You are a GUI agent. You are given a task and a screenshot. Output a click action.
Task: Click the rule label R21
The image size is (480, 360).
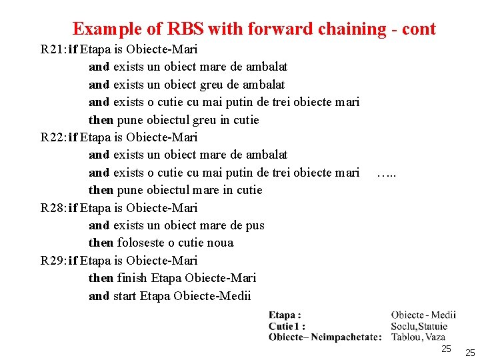point(53,49)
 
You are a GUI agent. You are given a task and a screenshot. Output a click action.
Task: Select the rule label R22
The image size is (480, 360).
point(53,137)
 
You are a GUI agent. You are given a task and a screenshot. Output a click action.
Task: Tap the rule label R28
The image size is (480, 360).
point(53,208)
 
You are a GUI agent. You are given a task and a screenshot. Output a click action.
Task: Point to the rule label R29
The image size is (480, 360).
point(53,261)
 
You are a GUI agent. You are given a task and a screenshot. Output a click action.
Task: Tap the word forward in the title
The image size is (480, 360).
point(279,29)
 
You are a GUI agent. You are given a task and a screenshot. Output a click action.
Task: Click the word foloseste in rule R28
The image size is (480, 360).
point(141,243)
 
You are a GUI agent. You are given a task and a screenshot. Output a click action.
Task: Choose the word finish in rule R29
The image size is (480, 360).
point(133,278)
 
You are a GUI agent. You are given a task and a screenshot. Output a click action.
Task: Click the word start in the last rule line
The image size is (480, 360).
point(125,296)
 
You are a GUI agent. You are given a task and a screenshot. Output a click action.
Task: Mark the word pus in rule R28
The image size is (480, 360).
point(255,225)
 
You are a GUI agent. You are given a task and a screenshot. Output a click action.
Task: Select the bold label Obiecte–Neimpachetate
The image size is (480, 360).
point(324,337)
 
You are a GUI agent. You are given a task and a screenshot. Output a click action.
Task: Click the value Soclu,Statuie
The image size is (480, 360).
point(419,326)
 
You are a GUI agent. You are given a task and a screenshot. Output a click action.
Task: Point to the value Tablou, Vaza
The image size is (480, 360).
point(418,337)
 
